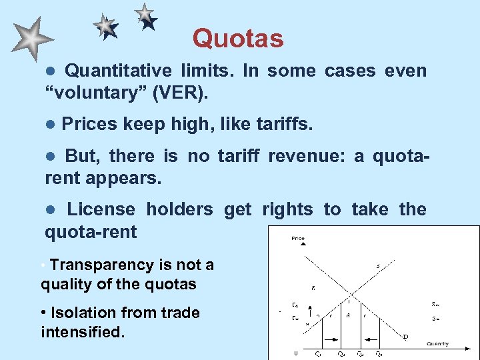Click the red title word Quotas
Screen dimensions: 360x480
click(x=238, y=39)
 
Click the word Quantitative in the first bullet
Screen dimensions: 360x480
click(x=117, y=71)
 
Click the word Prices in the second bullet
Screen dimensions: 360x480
click(x=89, y=124)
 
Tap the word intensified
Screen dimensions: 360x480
click(x=83, y=331)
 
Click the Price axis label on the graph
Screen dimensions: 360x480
click(x=298, y=238)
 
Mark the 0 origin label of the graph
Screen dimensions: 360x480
click(x=296, y=352)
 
